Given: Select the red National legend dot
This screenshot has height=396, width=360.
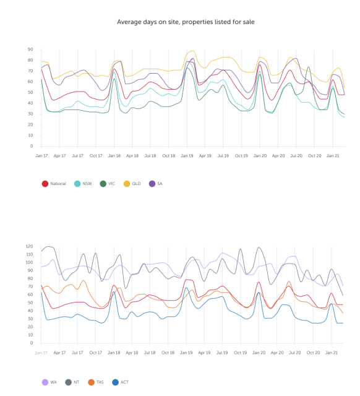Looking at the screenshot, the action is [45, 184].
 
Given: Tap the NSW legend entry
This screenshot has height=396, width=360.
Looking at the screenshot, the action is [83, 184].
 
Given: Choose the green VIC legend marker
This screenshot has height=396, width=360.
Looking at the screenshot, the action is [103, 184].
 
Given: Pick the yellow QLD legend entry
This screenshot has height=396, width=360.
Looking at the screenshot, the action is [132, 184].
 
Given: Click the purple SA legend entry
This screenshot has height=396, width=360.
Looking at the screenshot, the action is [155, 184].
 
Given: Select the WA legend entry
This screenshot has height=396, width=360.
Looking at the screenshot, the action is [49, 382].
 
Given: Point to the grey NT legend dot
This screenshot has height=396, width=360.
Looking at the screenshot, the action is [69, 382].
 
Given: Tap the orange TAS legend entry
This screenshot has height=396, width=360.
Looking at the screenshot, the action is [96, 382].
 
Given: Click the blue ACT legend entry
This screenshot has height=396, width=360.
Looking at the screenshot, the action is [120, 382].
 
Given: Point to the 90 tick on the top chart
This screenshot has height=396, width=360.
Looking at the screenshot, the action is [30, 49].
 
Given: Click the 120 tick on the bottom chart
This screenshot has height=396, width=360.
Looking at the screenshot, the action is [29, 246].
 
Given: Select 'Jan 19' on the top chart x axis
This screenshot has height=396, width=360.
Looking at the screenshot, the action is [187, 155].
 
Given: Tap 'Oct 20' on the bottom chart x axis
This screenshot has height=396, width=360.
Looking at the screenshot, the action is [313, 353].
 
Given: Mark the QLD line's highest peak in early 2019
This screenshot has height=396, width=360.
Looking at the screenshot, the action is [193, 51].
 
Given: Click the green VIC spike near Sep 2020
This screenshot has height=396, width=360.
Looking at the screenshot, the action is [309, 67].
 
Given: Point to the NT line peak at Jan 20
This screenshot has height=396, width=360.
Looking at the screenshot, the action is [259, 247].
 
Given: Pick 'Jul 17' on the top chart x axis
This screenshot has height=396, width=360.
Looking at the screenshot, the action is [77, 155].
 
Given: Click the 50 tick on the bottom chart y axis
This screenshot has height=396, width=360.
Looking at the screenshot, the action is [30, 303].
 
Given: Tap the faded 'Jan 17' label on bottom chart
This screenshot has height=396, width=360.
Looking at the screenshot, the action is [41, 353].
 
